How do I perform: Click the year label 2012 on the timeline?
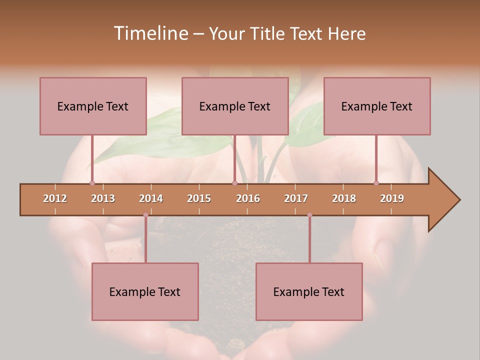(x=55, y=198)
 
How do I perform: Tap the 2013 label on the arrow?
(x=103, y=198)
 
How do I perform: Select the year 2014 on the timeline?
(x=151, y=198)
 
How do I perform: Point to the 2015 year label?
(x=199, y=198)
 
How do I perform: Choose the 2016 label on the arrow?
(x=248, y=198)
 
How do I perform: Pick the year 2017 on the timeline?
(x=296, y=198)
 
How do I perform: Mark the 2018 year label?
(x=344, y=198)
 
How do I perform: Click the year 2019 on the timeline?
(x=392, y=198)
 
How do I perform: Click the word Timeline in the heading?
(x=150, y=33)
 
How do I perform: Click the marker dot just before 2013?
(x=92, y=183)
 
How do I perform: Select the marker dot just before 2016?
(x=234, y=183)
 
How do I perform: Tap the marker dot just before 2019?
(x=376, y=183)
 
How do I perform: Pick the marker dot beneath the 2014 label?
(x=145, y=215)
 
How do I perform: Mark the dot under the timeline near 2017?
(x=309, y=215)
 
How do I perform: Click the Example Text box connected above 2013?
(x=93, y=106)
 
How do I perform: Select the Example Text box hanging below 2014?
(x=145, y=291)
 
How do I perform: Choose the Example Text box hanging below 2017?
(x=309, y=291)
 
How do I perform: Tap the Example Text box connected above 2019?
(x=377, y=106)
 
